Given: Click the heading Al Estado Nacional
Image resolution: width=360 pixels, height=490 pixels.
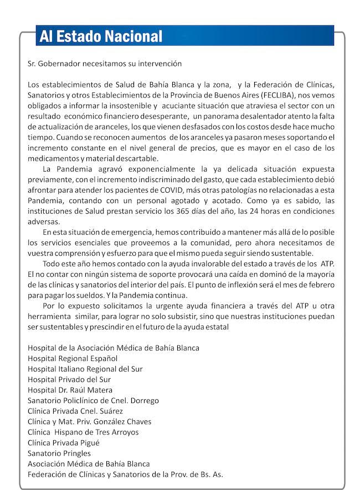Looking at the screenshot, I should click(101, 37).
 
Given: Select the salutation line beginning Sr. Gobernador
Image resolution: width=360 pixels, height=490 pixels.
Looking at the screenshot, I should click(105, 64).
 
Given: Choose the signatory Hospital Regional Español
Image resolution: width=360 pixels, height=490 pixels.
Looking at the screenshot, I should click(73, 358).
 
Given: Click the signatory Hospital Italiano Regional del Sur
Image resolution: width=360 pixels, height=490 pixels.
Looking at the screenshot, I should click(86, 369).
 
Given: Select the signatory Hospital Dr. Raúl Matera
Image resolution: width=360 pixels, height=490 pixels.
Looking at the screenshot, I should click(70, 390).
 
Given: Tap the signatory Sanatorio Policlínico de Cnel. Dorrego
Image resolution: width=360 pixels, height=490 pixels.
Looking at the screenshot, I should click(93, 400).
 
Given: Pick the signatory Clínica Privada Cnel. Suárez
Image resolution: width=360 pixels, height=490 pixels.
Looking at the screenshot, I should click(75, 411).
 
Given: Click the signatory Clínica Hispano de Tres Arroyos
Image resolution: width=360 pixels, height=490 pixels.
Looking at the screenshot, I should click(83, 432).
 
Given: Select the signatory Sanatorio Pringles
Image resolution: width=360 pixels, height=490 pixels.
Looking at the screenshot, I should click(59, 453).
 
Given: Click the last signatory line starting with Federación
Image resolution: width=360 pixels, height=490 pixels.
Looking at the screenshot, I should click(125, 474).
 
